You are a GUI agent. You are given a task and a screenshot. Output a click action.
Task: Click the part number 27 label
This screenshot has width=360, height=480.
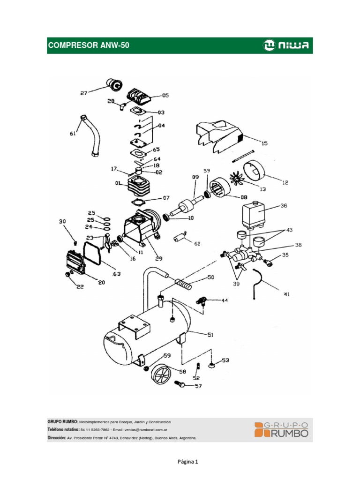tap(84, 93)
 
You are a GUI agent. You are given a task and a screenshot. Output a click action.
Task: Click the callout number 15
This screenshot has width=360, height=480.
tap(265, 143)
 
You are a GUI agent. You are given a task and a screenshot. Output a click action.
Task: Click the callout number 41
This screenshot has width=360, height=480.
tap(287, 294)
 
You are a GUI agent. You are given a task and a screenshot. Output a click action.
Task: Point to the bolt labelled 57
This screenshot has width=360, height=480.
tap(180, 384)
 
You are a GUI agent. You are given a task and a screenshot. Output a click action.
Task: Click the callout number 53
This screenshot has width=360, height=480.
tap(225, 360)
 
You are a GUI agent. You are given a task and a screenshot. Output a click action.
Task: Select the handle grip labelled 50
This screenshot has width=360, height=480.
tap(184, 284)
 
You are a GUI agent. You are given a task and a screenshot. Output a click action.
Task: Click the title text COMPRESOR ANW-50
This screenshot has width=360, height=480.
tap(89, 45)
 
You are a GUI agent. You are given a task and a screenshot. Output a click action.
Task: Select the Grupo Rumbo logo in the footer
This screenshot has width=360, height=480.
tap(281, 429)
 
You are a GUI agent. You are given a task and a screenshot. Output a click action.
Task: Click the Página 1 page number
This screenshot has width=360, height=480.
tap(187, 461)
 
